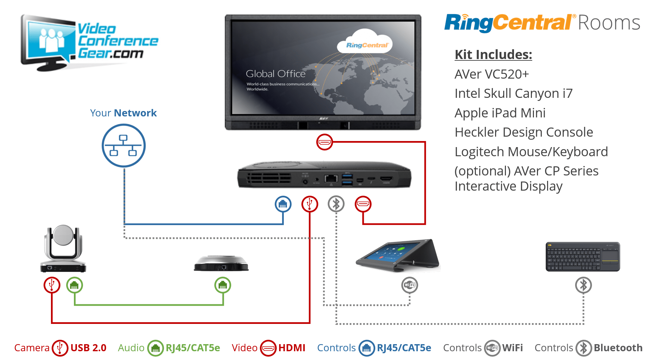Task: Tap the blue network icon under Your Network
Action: click(x=124, y=145)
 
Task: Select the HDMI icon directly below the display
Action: click(x=324, y=142)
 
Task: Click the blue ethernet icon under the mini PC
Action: click(x=283, y=204)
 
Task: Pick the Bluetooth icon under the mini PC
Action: click(x=336, y=204)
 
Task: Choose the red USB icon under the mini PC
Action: click(x=309, y=204)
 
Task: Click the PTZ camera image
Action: click(x=63, y=248)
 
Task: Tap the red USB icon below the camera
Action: click(x=52, y=285)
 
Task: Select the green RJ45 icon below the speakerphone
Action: click(x=223, y=285)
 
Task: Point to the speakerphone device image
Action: click(x=221, y=264)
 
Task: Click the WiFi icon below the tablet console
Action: click(x=410, y=285)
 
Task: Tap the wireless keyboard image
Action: click(x=583, y=257)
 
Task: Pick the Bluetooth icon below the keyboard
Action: click(x=584, y=285)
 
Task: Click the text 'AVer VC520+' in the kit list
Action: click(x=492, y=74)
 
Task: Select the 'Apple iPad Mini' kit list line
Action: click(x=500, y=113)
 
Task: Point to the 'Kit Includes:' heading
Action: click(x=493, y=54)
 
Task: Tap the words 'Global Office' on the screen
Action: click(x=276, y=74)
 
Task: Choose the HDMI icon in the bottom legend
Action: click(x=268, y=348)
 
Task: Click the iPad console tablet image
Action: click(x=398, y=256)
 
